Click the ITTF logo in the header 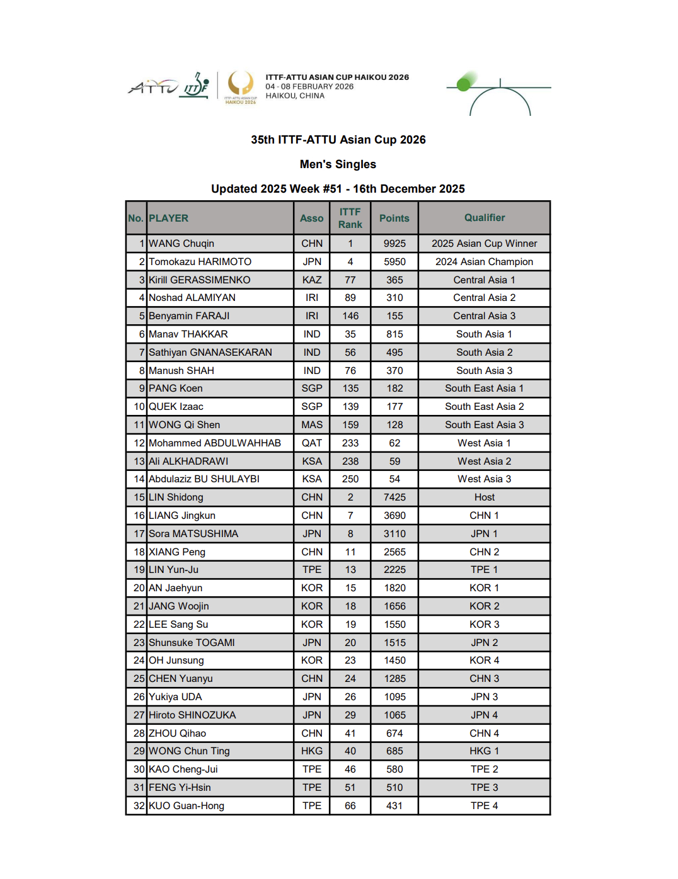pyautogui.click(x=196, y=86)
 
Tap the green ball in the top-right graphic pyautogui.click(x=465, y=82)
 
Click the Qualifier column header pyautogui.click(x=484, y=218)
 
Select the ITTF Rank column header pyautogui.click(x=350, y=218)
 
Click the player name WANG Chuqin pyautogui.click(x=181, y=244)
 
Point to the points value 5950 pyautogui.click(x=394, y=262)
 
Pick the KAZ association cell pyautogui.click(x=311, y=280)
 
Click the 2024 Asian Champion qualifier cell pyautogui.click(x=484, y=262)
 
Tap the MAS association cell pyautogui.click(x=311, y=425)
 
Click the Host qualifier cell pyautogui.click(x=484, y=497)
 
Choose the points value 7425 pyautogui.click(x=394, y=497)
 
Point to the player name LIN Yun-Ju pyautogui.click(x=173, y=570)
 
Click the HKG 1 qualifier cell pyautogui.click(x=484, y=751)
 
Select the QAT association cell pyautogui.click(x=311, y=443)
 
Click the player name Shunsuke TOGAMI pyautogui.click(x=192, y=643)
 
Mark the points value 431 pyautogui.click(x=394, y=806)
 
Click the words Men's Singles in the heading pyautogui.click(x=338, y=164)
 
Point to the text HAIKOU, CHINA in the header pyautogui.click(x=295, y=96)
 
